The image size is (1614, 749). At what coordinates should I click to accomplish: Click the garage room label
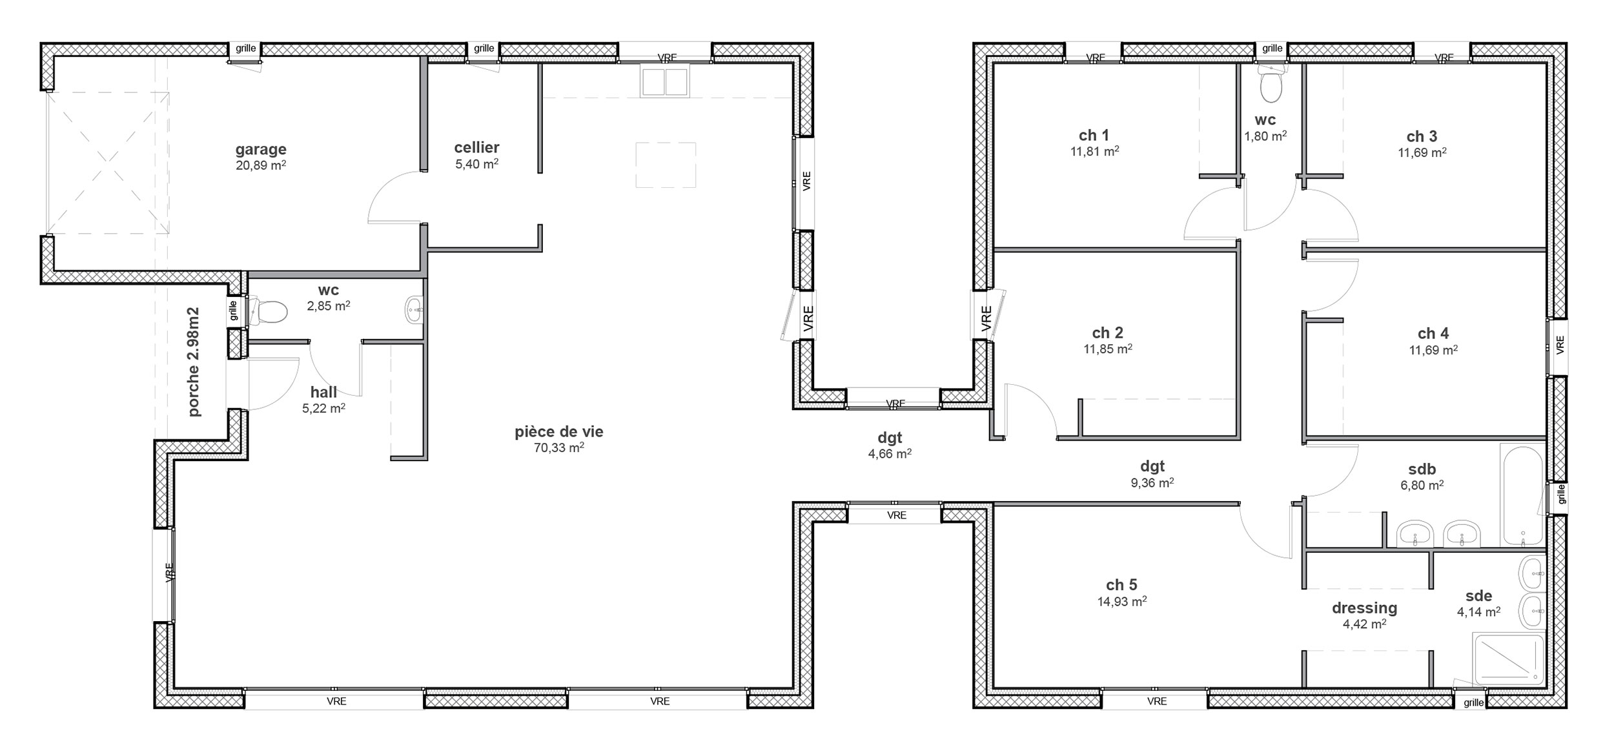[x=261, y=150]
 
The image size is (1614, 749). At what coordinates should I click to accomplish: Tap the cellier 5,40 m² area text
[x=476, y=164]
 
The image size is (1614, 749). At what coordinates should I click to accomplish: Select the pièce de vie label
[x=559, y=431]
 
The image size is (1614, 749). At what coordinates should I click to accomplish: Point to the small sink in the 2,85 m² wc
[x=414, y=310]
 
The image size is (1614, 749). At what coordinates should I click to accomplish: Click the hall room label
[x=323, y=392]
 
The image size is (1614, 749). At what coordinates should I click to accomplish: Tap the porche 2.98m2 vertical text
[x=193, y=362]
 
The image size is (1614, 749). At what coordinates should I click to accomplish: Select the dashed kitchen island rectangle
[x=666, y=165]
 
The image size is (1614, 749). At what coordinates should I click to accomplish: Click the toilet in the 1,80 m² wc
[x=1271, y=85]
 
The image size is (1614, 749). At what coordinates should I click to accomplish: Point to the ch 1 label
[x=1094, y=135]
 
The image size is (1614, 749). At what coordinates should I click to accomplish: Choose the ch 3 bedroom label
[x=1422, y=136]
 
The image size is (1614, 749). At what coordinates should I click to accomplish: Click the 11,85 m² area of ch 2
[x=1108, y=349]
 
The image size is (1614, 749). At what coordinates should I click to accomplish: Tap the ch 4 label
[x=1433, y=333]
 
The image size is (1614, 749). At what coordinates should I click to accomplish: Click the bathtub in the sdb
[x=1523, y=494]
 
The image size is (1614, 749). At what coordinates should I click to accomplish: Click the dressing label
[x=1364, y=608]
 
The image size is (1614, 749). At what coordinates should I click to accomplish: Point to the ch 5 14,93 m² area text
[x=1122, y=601]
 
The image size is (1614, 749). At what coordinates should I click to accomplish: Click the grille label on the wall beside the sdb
[x=1561, y=493]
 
